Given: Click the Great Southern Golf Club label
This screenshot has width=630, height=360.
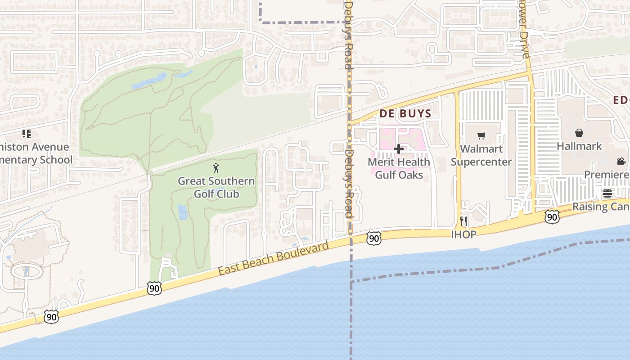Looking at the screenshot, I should (x=216, y=187).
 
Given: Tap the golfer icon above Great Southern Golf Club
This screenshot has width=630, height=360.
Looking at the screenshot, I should (x=216, y=168).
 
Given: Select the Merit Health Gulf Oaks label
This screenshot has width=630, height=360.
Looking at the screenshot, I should (x=399, y=168).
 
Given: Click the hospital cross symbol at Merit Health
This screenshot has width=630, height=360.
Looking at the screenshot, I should (x=398, y=149).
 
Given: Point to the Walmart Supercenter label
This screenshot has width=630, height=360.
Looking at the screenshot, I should (x=481, y=155).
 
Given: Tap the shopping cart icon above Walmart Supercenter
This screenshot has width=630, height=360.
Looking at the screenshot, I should (x=481, y=135).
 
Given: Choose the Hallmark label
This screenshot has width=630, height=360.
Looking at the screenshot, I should (x=579, y=146).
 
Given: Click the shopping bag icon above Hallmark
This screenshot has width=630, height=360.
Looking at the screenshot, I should (x=579, y=133).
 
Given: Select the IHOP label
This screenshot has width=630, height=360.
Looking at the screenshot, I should (x=463, y=234).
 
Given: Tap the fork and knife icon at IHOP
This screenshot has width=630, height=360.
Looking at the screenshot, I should (x=463, y=221).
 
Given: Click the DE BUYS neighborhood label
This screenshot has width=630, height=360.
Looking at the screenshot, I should (x=405, y=113).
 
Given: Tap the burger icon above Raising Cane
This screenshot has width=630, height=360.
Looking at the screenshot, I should (x=607, y=194).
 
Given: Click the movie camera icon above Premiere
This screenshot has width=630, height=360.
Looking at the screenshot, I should (x=621, y=161).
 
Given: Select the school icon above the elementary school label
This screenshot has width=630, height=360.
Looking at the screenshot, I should (x=27, y=134).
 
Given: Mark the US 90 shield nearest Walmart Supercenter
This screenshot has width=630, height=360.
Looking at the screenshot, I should (x=552, y=217).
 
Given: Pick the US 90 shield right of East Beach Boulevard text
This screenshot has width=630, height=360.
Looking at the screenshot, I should (x=374, y=238).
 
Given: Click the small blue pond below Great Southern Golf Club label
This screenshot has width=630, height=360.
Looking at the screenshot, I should (x=183, y=212).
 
